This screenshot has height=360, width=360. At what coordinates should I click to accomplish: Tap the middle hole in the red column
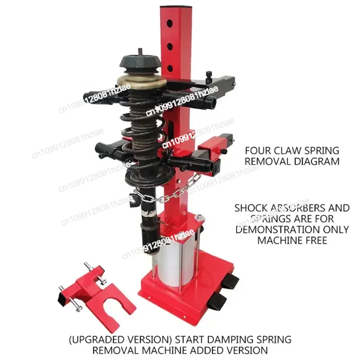click(x=170, y=45)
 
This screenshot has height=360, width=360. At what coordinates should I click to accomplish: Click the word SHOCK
click(x=251, y=208)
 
